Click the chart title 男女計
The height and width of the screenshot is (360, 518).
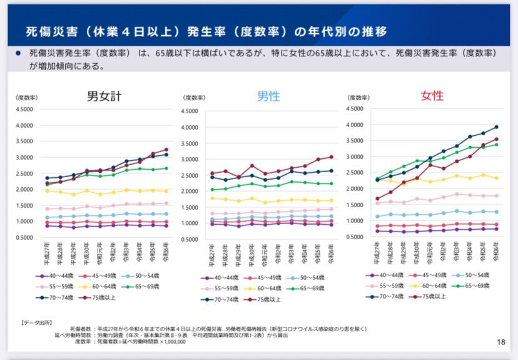(x=104, y=97)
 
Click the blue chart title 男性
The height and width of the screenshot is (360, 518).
(x=268, y=96)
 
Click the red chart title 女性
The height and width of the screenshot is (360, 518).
(x=432, y=96)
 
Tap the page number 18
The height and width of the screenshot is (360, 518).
(x=500, y=342)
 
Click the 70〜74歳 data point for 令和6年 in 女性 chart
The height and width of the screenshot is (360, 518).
(x=497, y=127)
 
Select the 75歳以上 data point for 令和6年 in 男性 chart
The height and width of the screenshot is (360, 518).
(x=331, y=157)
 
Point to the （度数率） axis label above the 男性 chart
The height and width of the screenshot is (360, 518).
(x=193, y=98)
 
